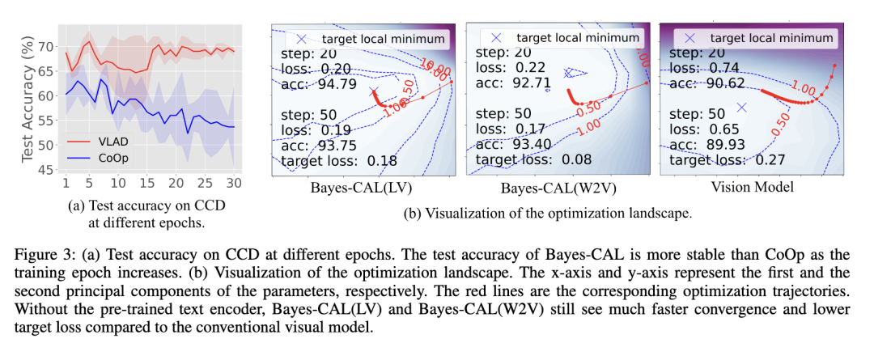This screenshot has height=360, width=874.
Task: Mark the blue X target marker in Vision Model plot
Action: [740, 107]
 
